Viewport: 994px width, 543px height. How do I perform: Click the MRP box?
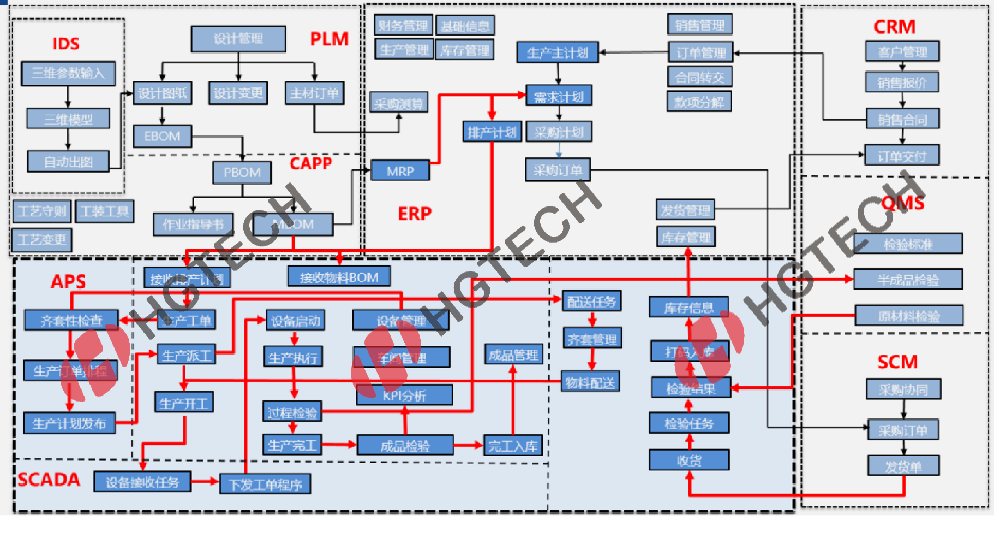pos(400,171)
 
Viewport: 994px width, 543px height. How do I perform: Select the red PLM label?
pos(329,39)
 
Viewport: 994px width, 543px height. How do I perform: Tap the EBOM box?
pos(162,136)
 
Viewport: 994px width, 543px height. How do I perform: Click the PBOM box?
pos(242,173)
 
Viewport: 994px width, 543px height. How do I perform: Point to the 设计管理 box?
pos(238,39)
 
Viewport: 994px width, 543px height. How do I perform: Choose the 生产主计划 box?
pos(558,53)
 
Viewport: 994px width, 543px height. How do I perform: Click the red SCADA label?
pos(49,480)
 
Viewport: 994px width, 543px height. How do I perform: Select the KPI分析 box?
pos(404,396)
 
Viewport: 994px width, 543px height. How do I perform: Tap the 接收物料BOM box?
pos(339,277)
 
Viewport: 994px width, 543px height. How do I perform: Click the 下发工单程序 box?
pos(265,484)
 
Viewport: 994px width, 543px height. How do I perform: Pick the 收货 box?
pos(688,461)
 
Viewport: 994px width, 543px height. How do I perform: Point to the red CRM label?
pos(894,27)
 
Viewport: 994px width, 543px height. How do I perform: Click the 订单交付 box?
pos(902,156)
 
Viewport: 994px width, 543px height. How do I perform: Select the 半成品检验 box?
pos(908,280)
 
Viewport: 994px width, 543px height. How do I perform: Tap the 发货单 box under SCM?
pos(903,466)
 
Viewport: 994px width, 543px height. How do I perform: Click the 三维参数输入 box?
pos(68,73)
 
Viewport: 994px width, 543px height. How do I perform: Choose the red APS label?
pos(68,281)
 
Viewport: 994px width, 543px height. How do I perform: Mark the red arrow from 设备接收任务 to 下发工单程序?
pos(205,481)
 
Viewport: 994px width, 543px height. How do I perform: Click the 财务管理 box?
pos(403,26)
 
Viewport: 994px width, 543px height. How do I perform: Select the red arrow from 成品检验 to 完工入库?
pos(468,445)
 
